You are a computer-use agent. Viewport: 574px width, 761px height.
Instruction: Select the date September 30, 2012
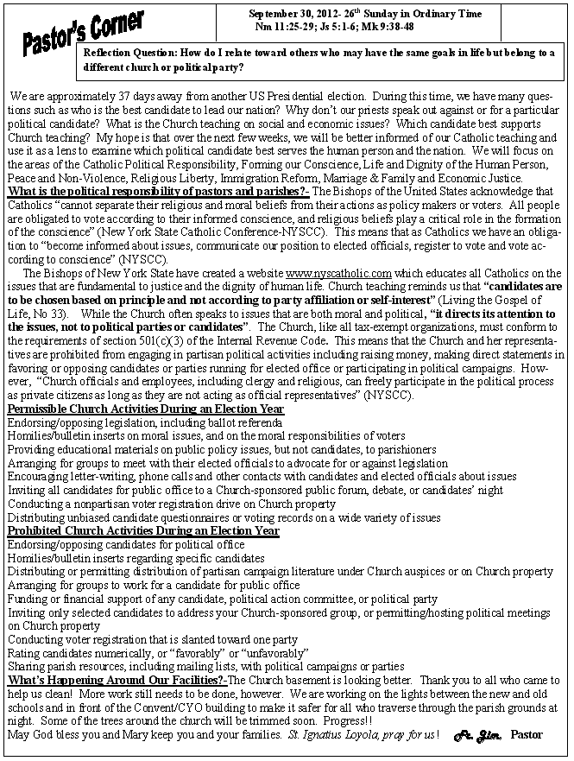(293, 15)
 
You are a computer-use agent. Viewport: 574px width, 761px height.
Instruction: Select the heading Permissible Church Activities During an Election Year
(145, 408)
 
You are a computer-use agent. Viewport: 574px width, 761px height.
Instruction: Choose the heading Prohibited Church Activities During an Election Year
(143, 530)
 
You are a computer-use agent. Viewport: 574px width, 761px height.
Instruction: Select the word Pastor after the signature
(527, 735)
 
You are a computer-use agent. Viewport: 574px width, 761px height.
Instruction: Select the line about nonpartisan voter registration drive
(171, 504)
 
